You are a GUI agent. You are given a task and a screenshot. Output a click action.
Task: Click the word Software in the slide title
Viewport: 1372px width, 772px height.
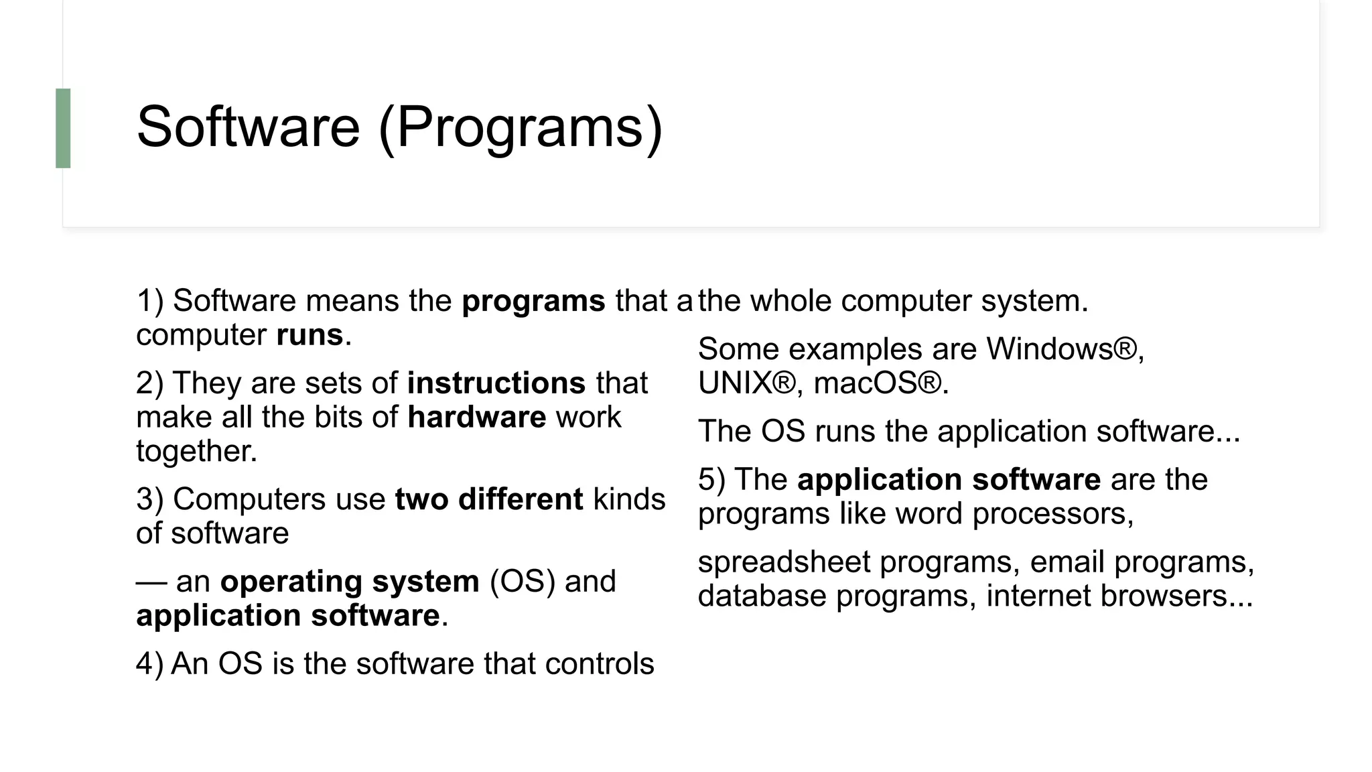(x=249, y=127)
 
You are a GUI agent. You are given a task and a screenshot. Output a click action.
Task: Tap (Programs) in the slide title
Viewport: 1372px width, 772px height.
(x=521, y=127)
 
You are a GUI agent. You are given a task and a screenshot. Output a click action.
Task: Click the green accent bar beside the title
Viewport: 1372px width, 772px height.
(x=63, y=128)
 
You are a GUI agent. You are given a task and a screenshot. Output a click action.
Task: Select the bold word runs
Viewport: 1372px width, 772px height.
(x=310, y=335)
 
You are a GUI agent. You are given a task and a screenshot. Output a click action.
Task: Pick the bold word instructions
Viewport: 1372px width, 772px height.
(x=496, y=383)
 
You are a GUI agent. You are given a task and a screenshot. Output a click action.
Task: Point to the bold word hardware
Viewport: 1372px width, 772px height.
(x=476, y=417)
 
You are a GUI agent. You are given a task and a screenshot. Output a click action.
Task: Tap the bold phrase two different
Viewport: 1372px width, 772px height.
(x=489, y=500)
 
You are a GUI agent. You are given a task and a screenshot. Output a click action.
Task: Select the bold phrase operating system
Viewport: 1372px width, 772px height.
(x=350, y=582)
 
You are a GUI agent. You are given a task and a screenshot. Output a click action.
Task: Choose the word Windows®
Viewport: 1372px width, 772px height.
(x=1065, y=349)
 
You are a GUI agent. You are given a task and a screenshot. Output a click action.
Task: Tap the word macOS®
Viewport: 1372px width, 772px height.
(x=880, y=384)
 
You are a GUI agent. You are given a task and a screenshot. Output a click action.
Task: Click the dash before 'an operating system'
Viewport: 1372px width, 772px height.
(x=151, y=582)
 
